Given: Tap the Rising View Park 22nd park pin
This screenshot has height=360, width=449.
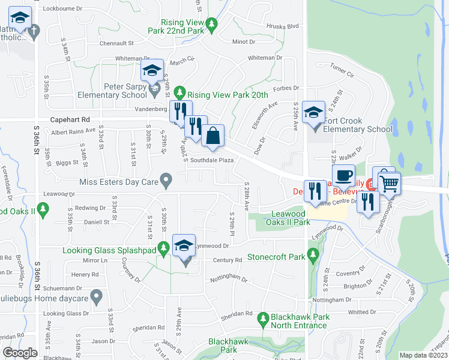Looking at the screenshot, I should pyautogui.click(x=211, y=25).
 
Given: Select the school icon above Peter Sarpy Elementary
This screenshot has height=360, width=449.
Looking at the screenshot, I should pyautogui.click(x=152, y=70).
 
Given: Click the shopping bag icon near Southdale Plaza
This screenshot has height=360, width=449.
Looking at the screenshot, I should pyautogui.click(x=212, y=135).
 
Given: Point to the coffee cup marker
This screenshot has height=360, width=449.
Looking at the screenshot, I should pyautogui.click(x=343, y=175).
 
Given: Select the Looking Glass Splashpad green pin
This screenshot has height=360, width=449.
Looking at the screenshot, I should pyautogui.click(x=163, y=248).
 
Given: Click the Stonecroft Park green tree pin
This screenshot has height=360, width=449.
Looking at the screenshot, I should pyautogui.click(x=312, y=256).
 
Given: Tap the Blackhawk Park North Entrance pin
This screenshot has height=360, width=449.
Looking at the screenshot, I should pyautogui.click(x=262, y=317).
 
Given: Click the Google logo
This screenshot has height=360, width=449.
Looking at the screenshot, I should pyautogui.click(x=20, y=353).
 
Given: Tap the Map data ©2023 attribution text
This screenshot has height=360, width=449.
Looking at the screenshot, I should pyautogui.click(x=423, y=355).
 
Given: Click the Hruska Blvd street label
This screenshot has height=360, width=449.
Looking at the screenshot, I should pyautogui.click(x=285, y=26).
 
